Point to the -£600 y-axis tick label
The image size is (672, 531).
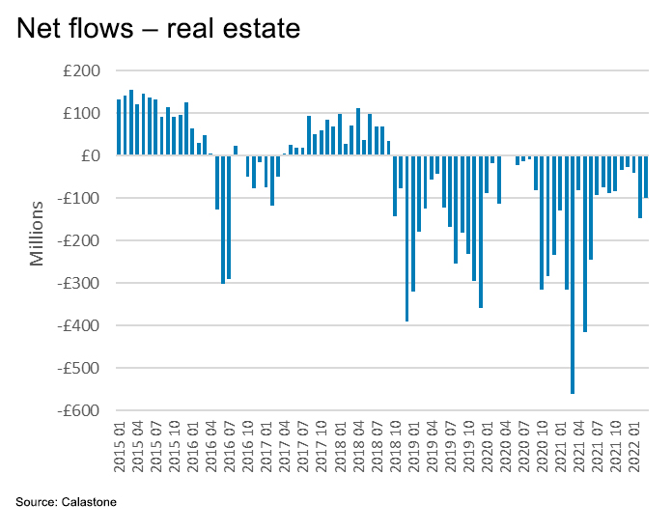coord(80,410)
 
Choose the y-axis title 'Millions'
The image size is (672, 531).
coord(38,233)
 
